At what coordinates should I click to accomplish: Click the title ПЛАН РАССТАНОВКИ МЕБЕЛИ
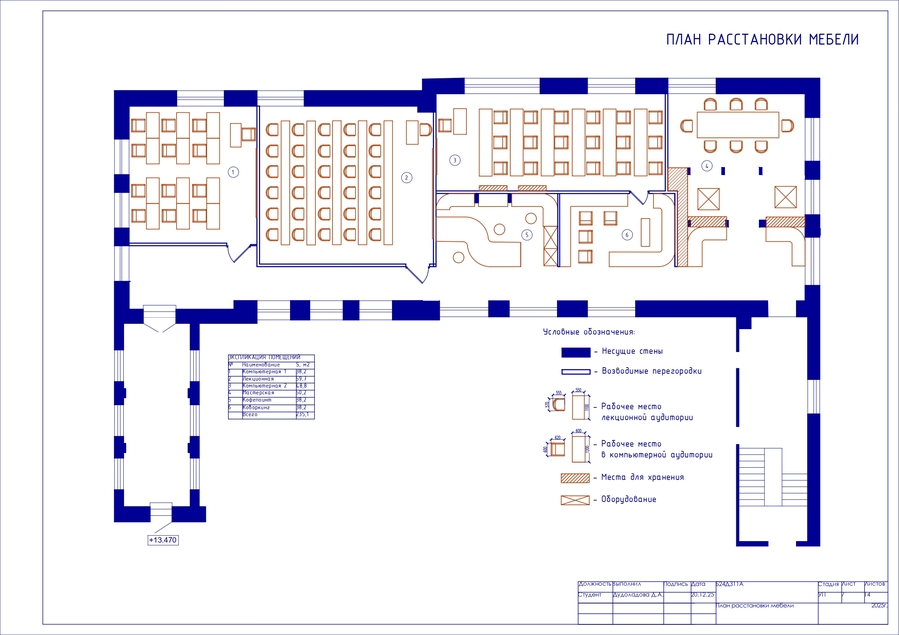[x=762, y=40]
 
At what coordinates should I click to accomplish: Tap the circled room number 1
[x=233, y=172]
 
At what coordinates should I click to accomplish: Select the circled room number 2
[x=407, y=178]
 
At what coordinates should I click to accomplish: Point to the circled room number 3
[x=455, y=160]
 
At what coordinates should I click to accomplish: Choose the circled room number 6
[x=627, y=235]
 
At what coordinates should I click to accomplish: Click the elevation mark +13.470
[x=162, y=540]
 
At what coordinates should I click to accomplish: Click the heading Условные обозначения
[x=589, y=331]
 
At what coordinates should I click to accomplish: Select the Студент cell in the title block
[x=593, y=594]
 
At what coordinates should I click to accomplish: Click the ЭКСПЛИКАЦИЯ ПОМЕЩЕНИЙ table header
[x=265, y=357]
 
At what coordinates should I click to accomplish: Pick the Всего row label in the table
[x=251, y=414]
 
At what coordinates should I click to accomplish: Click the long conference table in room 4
[x=739, y=125]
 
